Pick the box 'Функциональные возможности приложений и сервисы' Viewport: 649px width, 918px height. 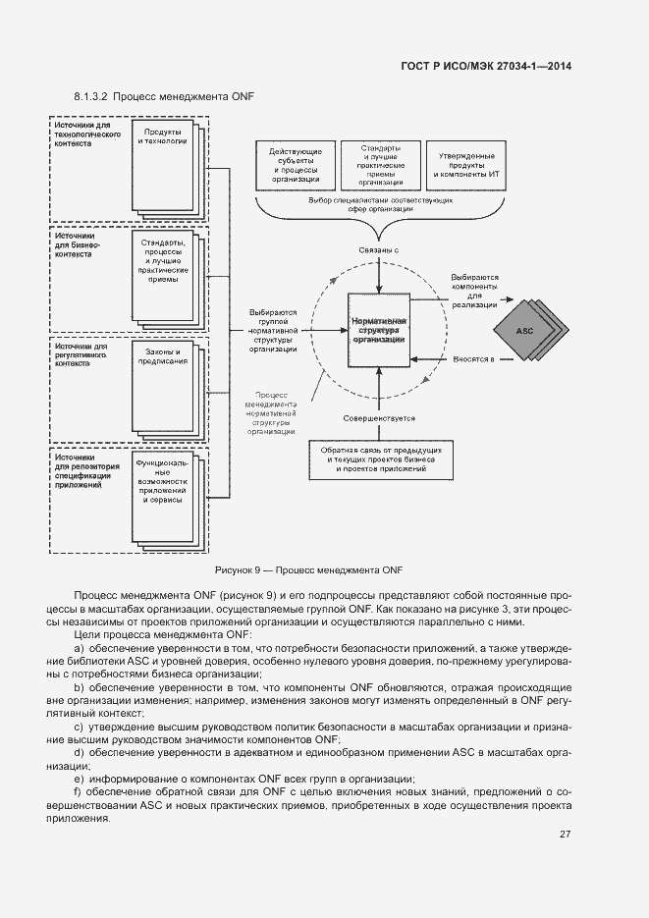pos(161,481)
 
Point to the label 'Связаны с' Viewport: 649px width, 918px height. pos(378,251)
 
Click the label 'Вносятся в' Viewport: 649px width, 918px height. pos(474,358)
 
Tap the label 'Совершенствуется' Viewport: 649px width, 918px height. pos(378,419)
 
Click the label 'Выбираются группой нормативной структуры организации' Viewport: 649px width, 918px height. pos(273,330)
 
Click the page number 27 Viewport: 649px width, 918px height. pos(566,836)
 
